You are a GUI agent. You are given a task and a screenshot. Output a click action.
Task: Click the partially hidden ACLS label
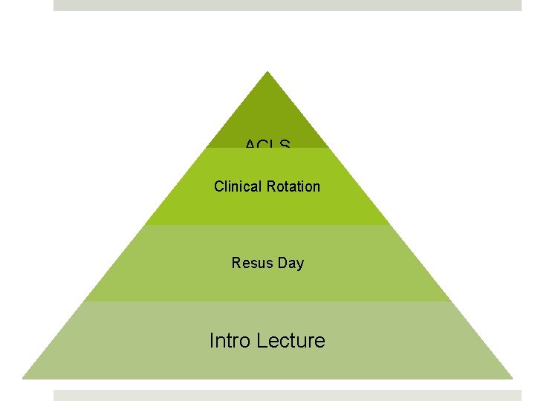click(267, 144)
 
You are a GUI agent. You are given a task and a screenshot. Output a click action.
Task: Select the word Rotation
click(294, 186)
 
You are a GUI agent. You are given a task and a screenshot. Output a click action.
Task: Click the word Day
click(291, 264)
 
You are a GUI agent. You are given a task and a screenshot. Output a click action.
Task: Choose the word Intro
click(230, 341)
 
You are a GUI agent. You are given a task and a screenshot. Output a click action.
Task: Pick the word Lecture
click(291, 341)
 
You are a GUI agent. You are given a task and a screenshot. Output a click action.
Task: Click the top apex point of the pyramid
click(267, 72)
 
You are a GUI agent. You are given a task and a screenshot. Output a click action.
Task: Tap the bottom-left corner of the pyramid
click(23, 378)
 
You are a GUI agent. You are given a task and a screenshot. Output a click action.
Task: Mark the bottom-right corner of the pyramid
click(512, 378)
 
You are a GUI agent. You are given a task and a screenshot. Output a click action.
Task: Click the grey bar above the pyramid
click(288, 5)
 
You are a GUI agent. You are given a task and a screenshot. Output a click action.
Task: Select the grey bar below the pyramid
click(288, 395)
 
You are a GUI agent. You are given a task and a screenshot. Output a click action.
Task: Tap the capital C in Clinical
click(218, 186)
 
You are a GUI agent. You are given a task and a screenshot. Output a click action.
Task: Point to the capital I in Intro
click(212, 341)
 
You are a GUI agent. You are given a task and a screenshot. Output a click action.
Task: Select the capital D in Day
click(283, 263)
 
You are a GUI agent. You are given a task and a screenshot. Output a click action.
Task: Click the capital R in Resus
click(236, 263)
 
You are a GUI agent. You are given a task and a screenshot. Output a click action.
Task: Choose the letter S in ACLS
click(285, 144)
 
